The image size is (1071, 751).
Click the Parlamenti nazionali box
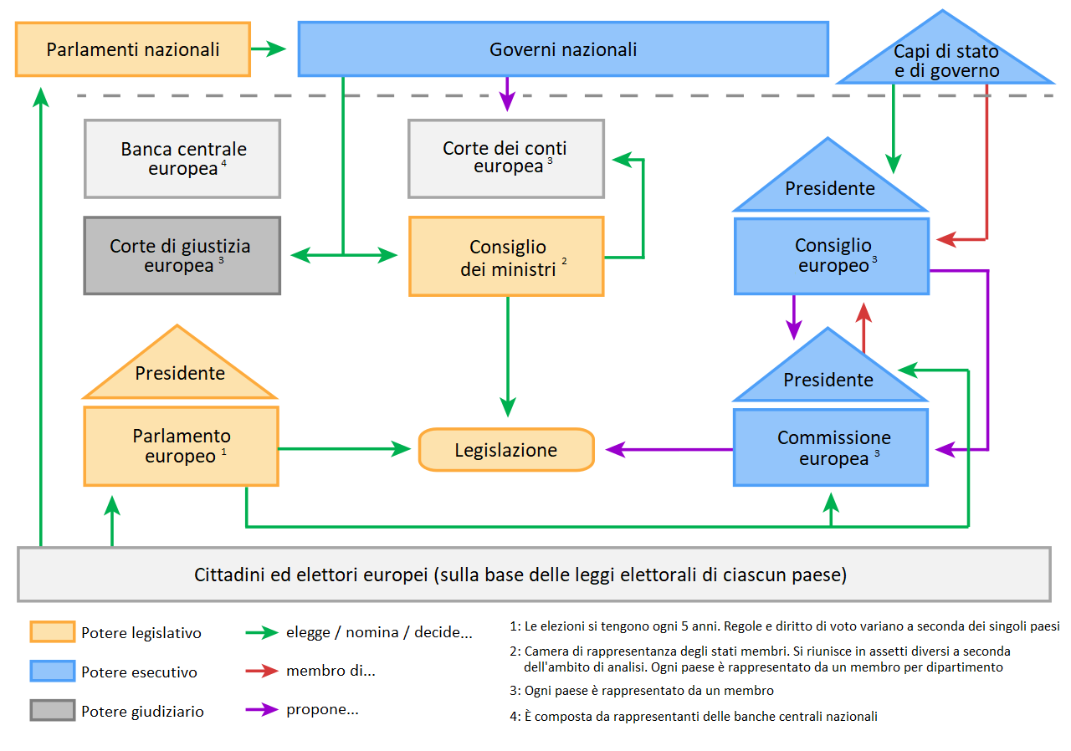coord(133,49)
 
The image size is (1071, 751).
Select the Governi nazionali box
coord(562,49)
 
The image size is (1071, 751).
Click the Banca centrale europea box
coord(182,158)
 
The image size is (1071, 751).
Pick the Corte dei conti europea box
coord(505,158)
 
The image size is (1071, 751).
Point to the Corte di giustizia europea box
coord(182,256)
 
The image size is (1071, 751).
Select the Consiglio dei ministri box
coord(506,258)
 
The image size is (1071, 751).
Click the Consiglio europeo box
coord(832,256)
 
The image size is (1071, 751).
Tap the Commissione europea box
coord(831,447)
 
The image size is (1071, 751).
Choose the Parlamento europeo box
coord(181,446)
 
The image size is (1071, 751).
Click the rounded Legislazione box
coord(505,450)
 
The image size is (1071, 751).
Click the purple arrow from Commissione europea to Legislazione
coord(669,450)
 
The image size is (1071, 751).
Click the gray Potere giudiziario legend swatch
coord(52,711)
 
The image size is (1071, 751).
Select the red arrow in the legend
coord(261,671)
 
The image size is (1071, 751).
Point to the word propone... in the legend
coord(322,710)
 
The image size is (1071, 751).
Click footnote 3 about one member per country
coord(641,691)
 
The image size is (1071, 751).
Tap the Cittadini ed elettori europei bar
coord(534,575)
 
